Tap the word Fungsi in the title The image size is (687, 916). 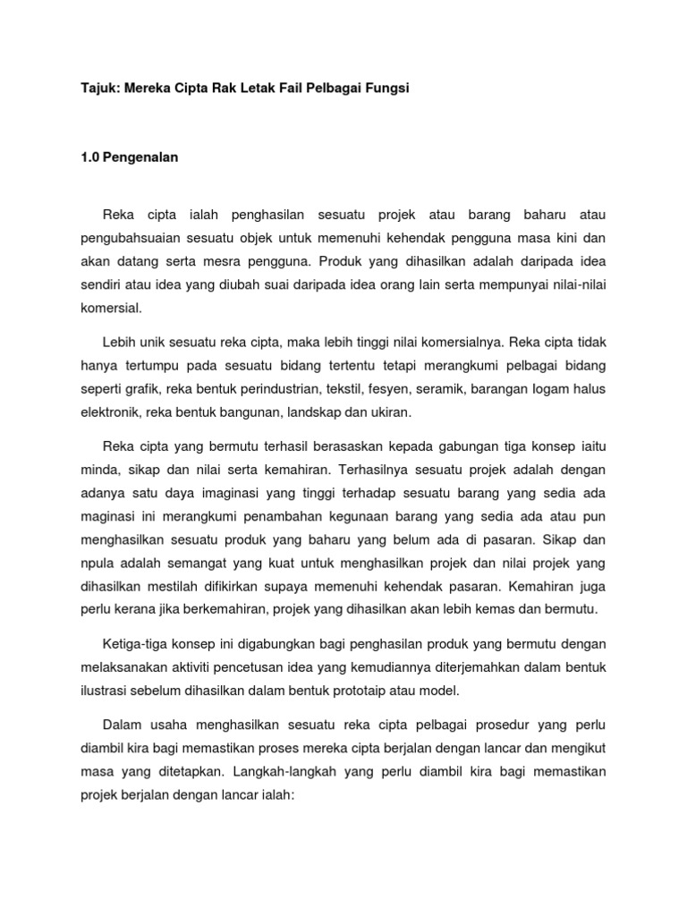pos(387,90)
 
